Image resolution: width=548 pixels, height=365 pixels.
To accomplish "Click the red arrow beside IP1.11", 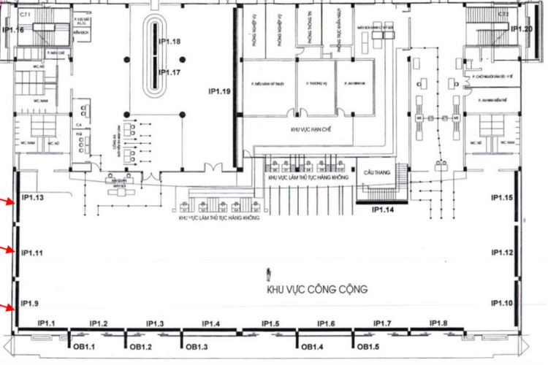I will [8, 250].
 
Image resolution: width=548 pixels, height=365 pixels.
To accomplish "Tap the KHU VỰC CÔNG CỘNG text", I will [316, 289].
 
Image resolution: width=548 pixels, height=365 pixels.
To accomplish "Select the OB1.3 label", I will [198, 347].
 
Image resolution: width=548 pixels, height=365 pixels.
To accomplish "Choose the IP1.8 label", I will [439, 323].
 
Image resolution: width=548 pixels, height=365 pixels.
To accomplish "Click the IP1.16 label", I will [13, 30].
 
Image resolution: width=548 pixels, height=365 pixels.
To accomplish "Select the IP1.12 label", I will [503, 253].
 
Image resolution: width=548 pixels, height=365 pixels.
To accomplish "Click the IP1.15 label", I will [503, 198].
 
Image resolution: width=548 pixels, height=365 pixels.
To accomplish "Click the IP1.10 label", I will [503, 303].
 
